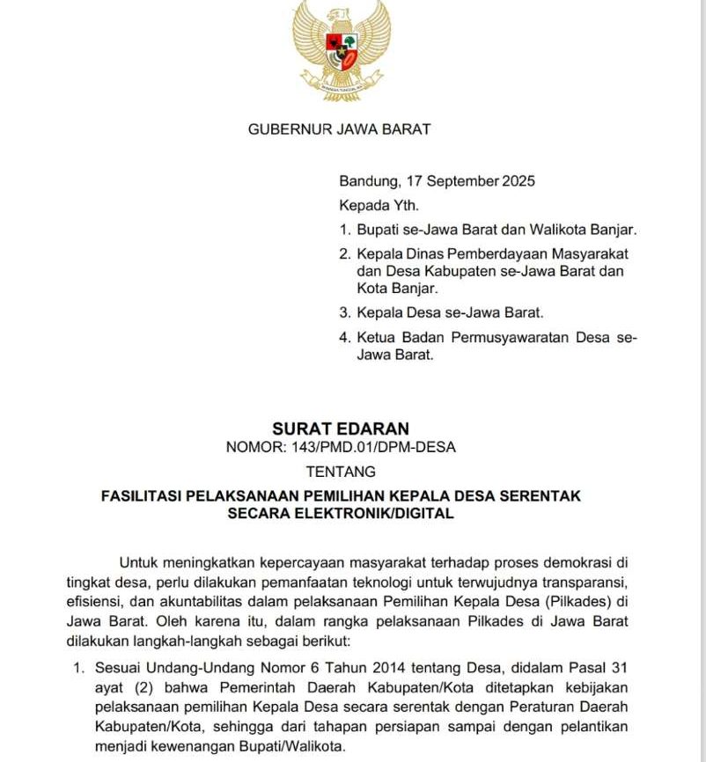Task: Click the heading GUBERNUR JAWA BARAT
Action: pyautogui.click(x=339, y=129)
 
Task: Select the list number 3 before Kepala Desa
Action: pyautogui.click(x=344, y=312)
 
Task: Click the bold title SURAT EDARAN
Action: pyautogui.click(x=341, y=429)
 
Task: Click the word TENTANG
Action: pyautogui.click(x=341, y=473)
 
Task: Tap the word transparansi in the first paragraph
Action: pyautogui.click(x=582, y=582)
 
